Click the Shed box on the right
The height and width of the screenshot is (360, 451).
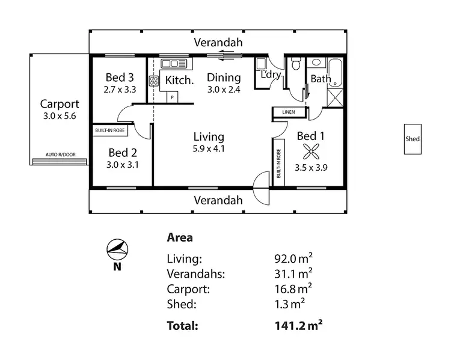(x=413, y=139)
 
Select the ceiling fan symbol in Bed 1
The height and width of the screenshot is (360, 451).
(x=311, y=151)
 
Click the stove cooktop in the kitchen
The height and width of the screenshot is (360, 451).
(x=154, y=80)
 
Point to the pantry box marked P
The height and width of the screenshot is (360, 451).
(x=173, y=96)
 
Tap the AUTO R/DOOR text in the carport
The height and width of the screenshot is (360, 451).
(x=60, y=154)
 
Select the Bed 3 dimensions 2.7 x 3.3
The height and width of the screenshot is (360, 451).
(x=119, y=89)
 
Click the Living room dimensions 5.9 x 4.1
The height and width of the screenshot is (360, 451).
(x=209, y=149)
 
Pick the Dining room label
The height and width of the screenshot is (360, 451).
(x=224, y=78)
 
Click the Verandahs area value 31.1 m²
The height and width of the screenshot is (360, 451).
(x=293, y=273)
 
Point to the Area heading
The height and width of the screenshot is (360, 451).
(x=179, y=237)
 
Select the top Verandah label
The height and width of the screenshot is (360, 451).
(x=218, y=42)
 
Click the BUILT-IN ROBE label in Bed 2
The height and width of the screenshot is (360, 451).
(x=109, y=130)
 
